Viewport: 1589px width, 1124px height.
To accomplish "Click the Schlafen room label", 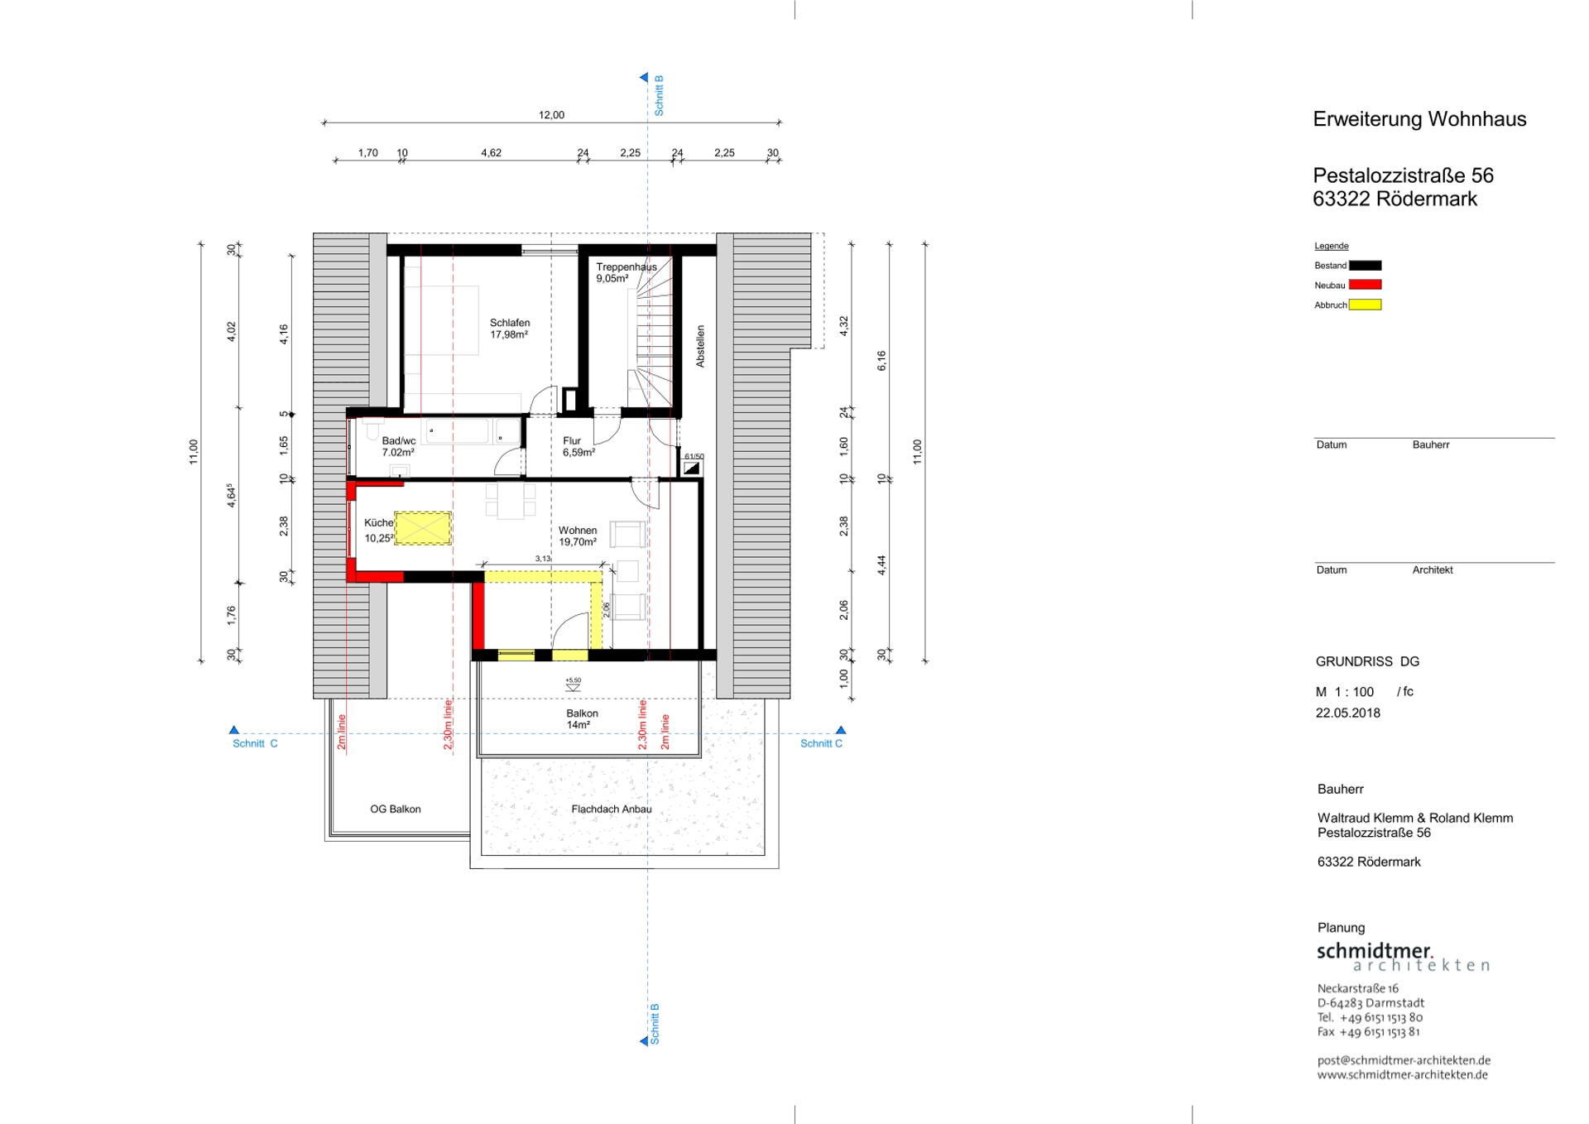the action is click(510, 329).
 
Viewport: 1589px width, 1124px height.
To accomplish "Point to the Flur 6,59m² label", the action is click(578, 446).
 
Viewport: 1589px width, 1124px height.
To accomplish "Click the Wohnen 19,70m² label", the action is click(578, 536).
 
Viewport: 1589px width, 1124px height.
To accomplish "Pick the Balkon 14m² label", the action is click(582, 718).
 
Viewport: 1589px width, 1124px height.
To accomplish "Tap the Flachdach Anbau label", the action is click(612, 809).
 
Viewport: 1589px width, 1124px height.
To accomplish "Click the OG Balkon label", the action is click(396, 809).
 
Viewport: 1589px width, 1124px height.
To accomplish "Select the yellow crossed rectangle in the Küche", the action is click(423, 528).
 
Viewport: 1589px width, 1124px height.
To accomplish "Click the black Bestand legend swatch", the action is click(1366, 266).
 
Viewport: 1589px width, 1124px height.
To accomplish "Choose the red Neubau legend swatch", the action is click(1366, 285).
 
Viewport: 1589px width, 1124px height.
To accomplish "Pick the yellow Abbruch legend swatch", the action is click(1366, 305).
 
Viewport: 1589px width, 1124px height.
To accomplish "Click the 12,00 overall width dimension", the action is click(551, 115).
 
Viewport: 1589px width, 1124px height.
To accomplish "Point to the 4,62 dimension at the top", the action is click(491, 152).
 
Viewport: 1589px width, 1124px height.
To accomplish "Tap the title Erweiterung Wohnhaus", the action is click(1419, 119).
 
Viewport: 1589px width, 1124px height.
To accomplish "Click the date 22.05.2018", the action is click(1348, 713).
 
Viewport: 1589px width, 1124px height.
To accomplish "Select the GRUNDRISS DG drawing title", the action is click(1367, 661).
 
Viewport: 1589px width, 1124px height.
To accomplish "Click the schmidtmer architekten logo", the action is click(1404, 956).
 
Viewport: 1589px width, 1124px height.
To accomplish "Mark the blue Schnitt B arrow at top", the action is click(644, 78).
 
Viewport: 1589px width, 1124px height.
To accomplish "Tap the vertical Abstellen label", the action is click(700, 346).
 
